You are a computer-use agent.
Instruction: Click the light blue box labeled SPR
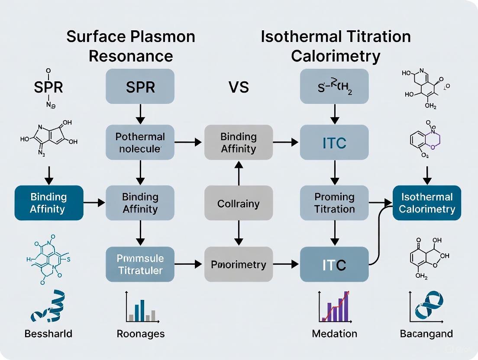[140, 87]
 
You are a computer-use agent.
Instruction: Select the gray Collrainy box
[239, 203]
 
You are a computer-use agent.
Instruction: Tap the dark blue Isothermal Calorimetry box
[427, 203]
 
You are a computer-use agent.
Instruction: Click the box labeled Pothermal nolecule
[140, 142]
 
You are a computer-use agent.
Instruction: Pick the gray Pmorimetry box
[239, 264]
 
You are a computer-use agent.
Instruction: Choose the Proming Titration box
[334, 203]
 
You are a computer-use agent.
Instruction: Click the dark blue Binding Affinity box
[48, 203]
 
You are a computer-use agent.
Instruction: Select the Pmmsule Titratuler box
[140, 264]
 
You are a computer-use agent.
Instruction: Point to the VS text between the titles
[239, 87]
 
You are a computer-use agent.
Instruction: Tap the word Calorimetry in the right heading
[336, 56]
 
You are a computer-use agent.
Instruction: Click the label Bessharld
[48, 334]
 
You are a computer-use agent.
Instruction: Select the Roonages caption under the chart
[141, 334]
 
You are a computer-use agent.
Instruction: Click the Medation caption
[334, 334]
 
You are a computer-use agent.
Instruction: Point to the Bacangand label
[426, 334]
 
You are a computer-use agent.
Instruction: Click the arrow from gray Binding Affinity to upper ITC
[286, 142]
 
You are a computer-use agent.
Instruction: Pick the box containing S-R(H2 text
[334, 87]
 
